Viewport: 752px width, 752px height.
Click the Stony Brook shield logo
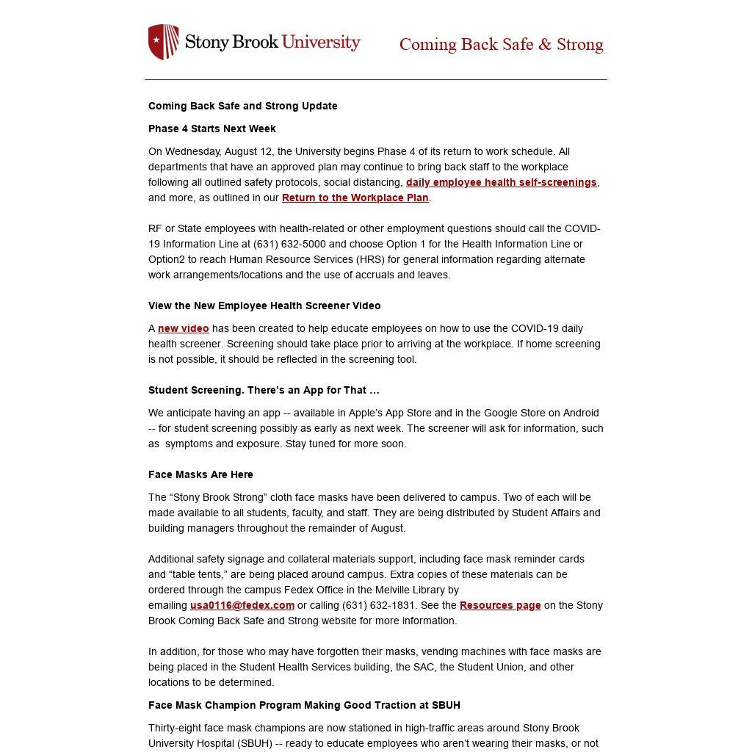(x=163, y=42)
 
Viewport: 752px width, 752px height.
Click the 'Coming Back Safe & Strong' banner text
(x=501, y=45)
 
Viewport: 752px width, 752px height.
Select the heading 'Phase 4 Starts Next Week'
(x=212, y=129)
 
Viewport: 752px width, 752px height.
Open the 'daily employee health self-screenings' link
(x=501, y=182)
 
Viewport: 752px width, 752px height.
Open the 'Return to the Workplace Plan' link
(x=355, y=198)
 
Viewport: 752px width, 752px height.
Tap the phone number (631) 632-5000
(x=290, y=244)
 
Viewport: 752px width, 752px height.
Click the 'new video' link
(x=183, y=328)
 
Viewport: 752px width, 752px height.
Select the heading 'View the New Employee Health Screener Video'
(x=264, y=305)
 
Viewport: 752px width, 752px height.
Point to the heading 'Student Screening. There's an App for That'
(x=264, y=390)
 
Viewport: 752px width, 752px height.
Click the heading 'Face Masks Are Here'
(x=200, y=474)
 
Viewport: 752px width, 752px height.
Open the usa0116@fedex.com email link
(x=242, y=605)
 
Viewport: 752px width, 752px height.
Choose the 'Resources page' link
(x=500, y=605)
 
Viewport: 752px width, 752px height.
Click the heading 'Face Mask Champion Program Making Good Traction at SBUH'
(x=304, y=705)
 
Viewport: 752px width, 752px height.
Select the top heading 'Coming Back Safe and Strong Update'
(x=243, y=106)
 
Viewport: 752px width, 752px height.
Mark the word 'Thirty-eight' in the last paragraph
(x=176, y=728)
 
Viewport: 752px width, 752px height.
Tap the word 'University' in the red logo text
(x=321, y=42)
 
